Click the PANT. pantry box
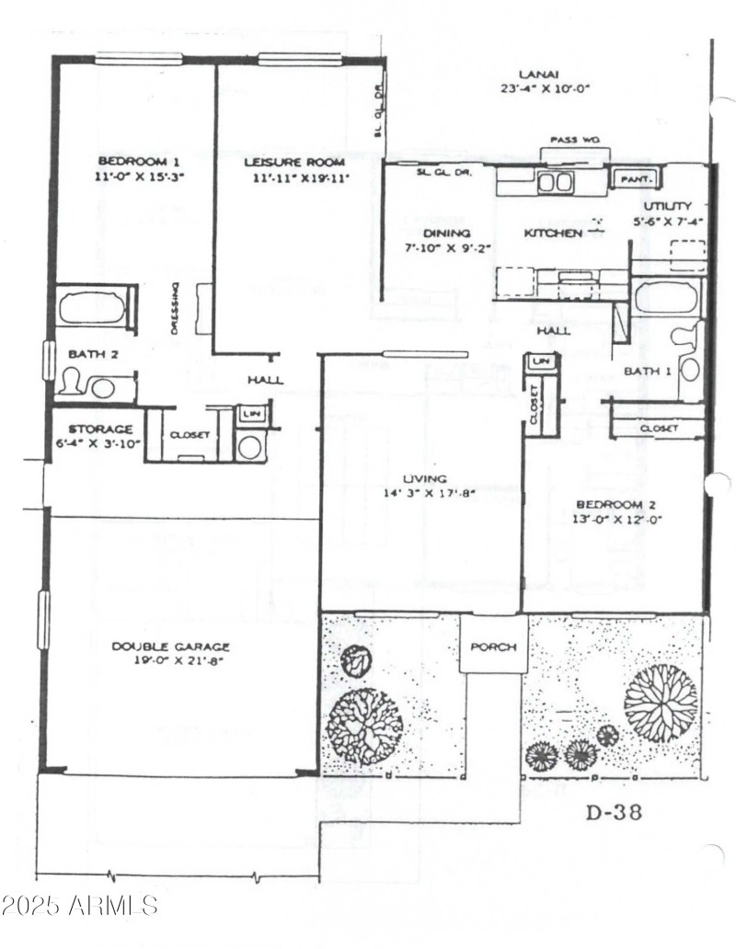[636, 178]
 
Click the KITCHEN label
[552, 234]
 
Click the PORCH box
[493, 646]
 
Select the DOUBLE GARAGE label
[171, 646]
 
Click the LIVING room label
[424, 479]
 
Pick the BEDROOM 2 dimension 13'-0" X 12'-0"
[619, 519]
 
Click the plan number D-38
[615, 812]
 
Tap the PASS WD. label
[575, 140]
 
